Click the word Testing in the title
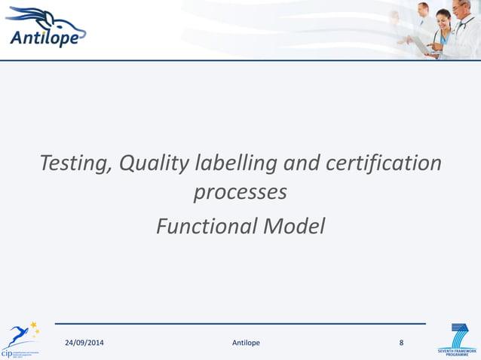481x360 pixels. coord(72,163)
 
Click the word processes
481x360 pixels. coord(240,192)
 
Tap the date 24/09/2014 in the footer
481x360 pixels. coord(84,343)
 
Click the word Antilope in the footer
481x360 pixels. coord(246,343)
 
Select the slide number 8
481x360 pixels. coord(401,343)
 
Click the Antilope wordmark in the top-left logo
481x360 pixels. coord(43,37)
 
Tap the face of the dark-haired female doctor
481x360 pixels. coord(443,17)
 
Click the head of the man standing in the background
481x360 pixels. coord(424,10)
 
